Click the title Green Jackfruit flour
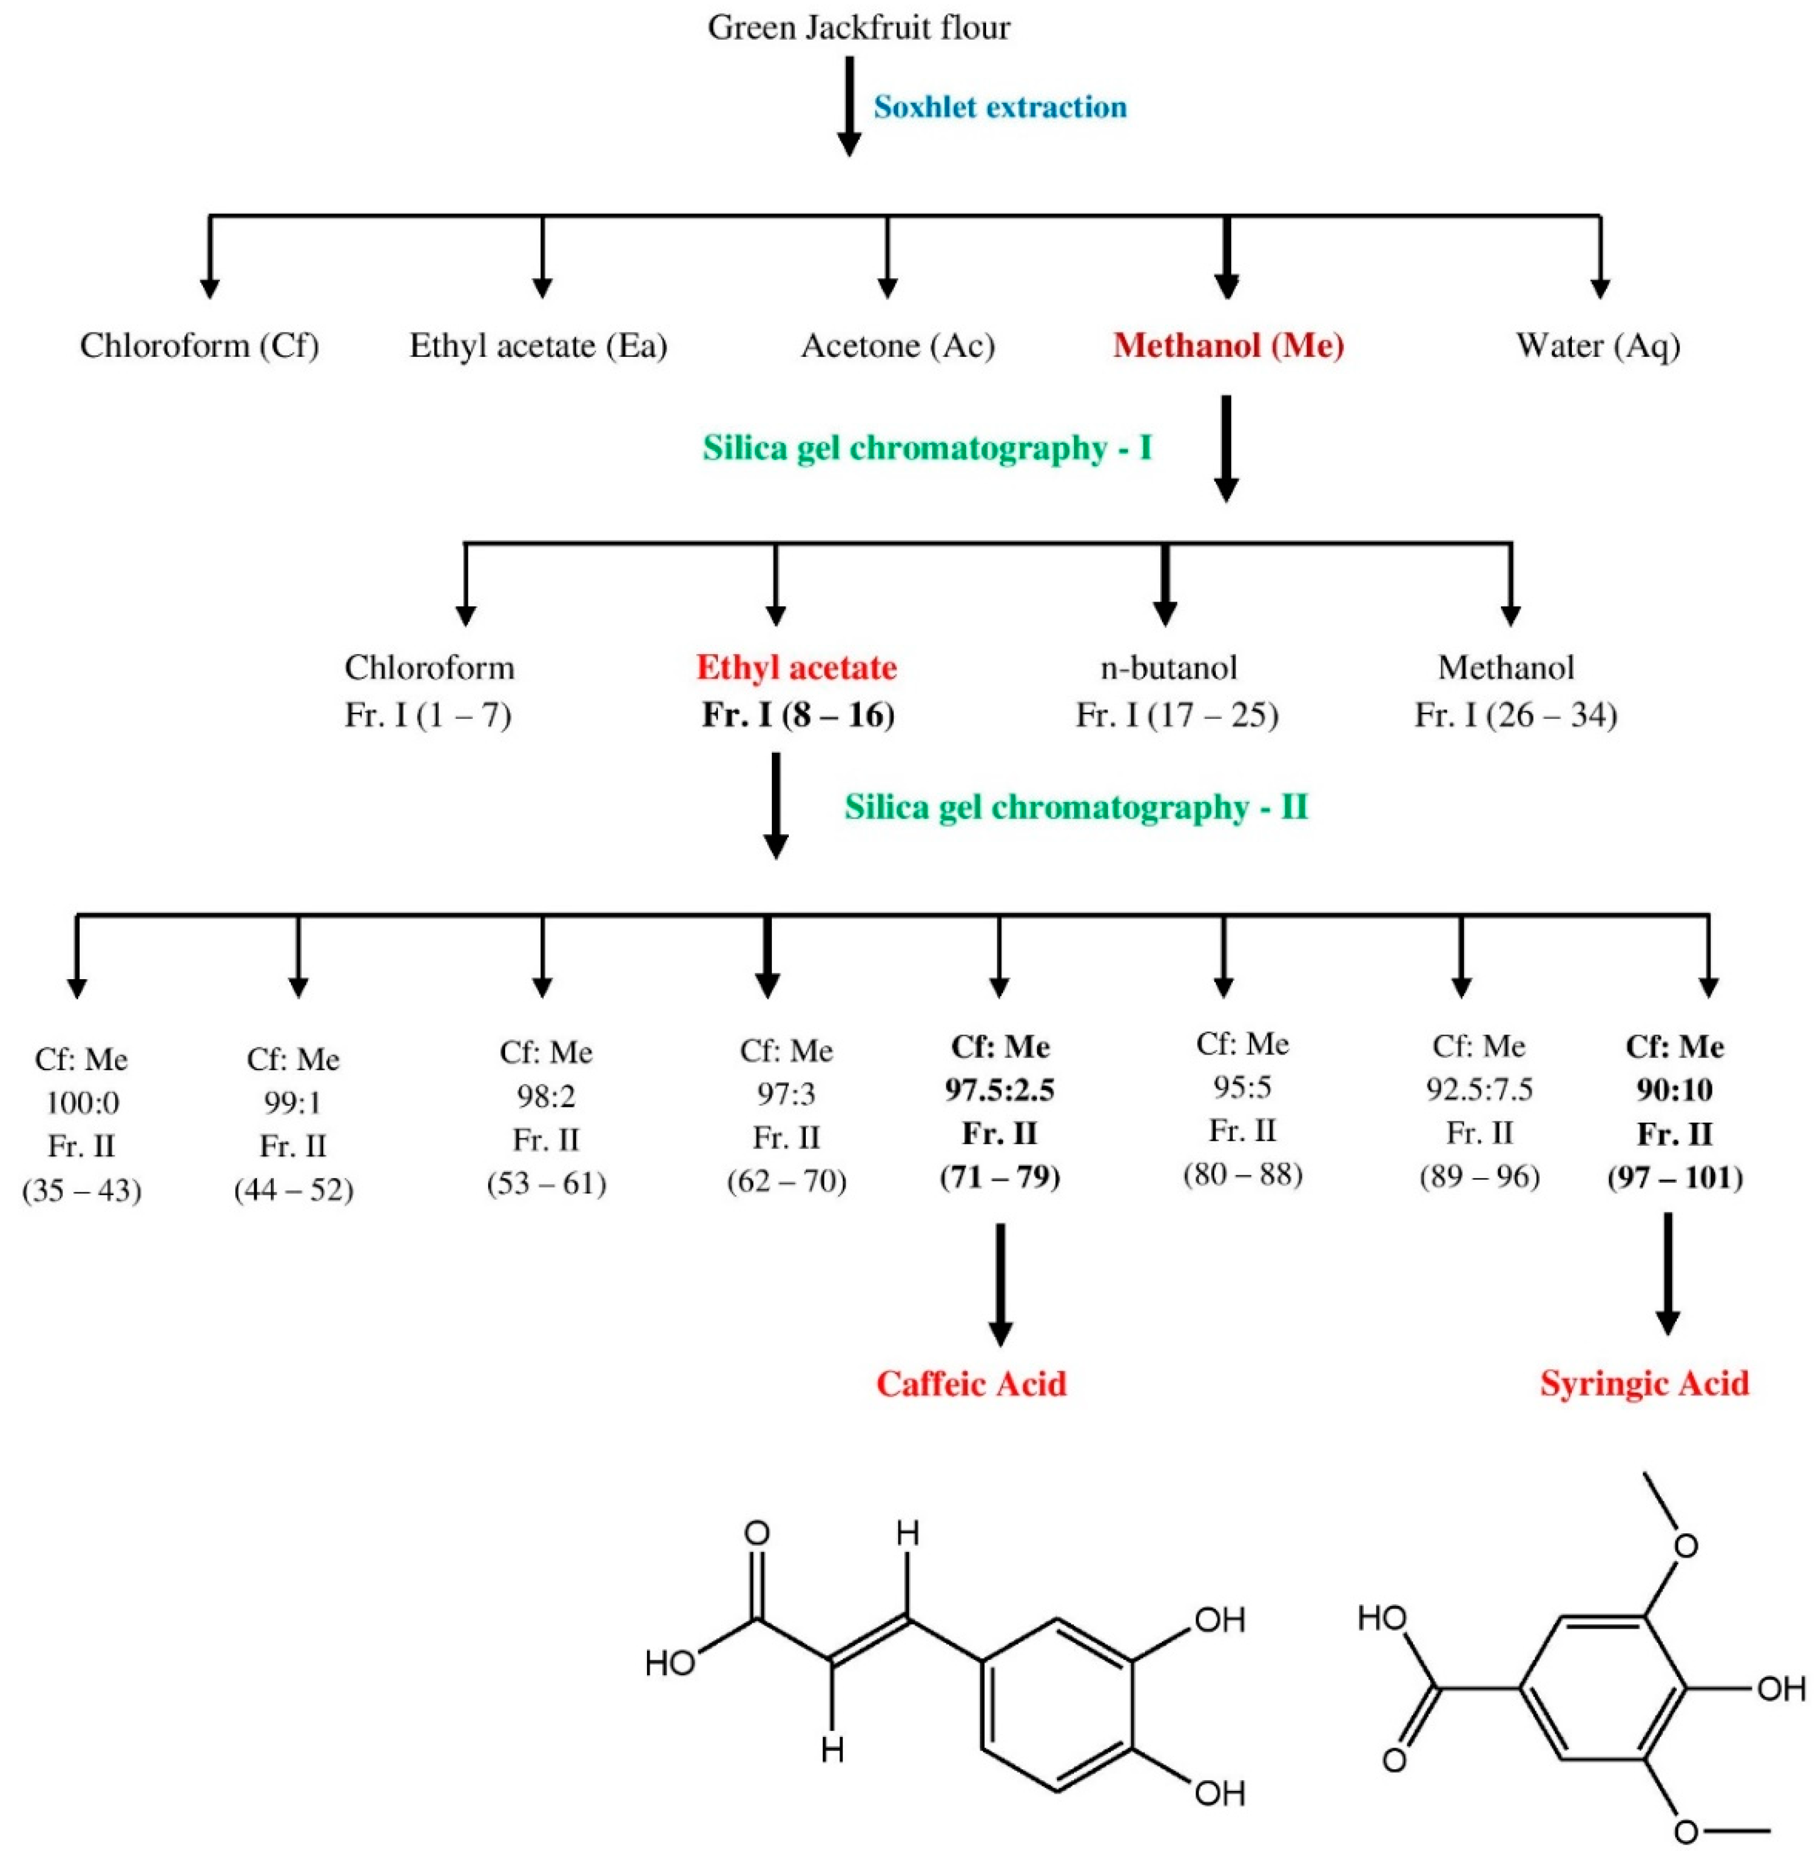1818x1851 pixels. [859, 28]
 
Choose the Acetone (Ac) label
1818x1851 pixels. [898, 345]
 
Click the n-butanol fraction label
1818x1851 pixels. [1169, 667]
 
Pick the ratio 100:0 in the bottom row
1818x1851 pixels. [82, 1103]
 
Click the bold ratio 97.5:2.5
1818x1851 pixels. [1000, 1090]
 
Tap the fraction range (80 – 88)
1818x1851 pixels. [1242, 1174]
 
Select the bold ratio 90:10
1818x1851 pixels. [1674, 1090]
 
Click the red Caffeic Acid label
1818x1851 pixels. [971, 1384]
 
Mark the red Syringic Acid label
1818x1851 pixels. [1644, 1384]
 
